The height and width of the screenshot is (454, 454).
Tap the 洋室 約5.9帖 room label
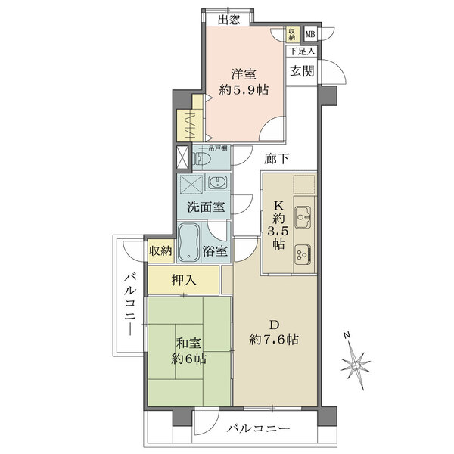tap(244, 82)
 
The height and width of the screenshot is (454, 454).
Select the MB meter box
tap(310, 34)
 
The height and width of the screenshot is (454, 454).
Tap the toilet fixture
tap(201, 159)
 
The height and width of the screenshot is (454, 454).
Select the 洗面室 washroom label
tap(205, 207)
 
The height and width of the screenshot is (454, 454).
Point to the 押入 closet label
tap(184, 280)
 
